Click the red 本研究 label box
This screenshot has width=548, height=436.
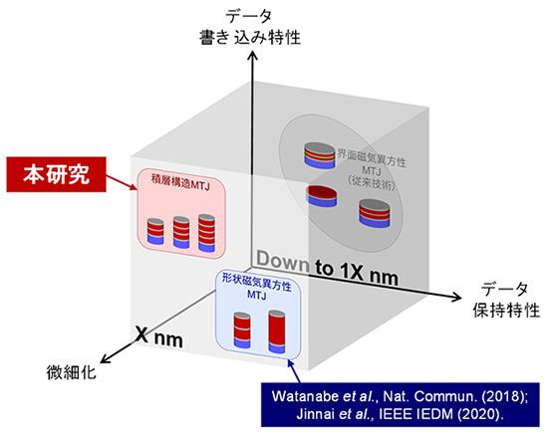pyautogui.click(x=56, y=174)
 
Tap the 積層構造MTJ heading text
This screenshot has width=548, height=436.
pyautogui.click(x=180, y=186)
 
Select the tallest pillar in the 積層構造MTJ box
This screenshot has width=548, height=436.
pyautogui.click(x=206, y=233)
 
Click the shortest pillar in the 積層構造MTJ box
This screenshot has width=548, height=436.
pyautogui.click(x=155, y=231)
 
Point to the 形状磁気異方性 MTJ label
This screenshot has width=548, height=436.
pyautogui.click(x=257, y=291)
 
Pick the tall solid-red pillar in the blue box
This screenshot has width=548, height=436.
pyautogui.click(x=277, y=331)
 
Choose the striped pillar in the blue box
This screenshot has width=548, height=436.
pyautogui.click(x=242, y=329)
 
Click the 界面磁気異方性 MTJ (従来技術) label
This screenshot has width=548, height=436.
pyautogui.click(x=372, y=171)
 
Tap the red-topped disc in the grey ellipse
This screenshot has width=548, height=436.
pyautogui.click(x=322, y=195)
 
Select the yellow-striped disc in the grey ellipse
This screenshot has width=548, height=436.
pyautogui.click(x=319, y=155)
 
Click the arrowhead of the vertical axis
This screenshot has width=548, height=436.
pyautogui.click(x=252, y=56)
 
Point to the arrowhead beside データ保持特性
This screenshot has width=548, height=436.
pyautogui.click(x=456, y=297)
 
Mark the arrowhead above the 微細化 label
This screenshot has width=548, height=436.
pyautogui.click(x=106, y=357)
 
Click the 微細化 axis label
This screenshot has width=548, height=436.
pyautogui.click(x=72, y=372)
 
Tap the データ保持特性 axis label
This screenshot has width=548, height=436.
pyautogui.click(x=506, y=300)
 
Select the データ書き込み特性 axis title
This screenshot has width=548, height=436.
pyautogui.click(x=250, y=27)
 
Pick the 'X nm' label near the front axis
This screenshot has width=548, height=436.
pyautogui.click(x=159, y=336)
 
